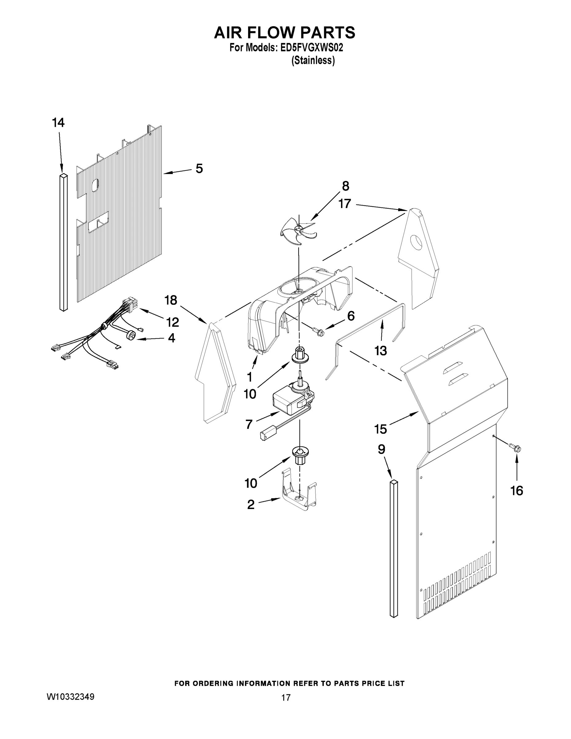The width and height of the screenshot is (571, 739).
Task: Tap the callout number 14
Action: coord(58,123)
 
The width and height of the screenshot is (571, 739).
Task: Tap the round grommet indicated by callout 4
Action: coord(131,336)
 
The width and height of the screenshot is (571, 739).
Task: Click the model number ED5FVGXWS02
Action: coord(312,48)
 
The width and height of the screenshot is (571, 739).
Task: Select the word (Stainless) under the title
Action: coord(313,61)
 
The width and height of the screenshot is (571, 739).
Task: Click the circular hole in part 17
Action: coord(416,242)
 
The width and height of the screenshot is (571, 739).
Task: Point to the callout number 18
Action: coord(171,300)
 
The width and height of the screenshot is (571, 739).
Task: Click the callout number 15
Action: coord(380,429)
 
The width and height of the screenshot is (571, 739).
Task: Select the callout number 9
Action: coord(381,449)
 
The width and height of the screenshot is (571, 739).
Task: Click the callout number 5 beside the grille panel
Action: coord(199,168)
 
